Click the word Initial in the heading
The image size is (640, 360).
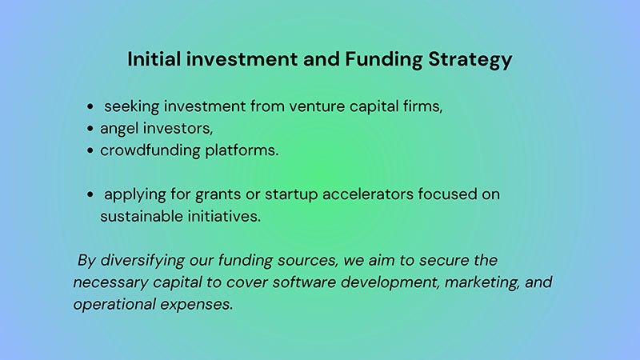pyautogui.click(x=154, y=58)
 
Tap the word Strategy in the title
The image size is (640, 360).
pyautogui.click(x=470, y=59)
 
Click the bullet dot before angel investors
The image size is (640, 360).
pyautogui.click(x=90, y=129)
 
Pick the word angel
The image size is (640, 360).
pyautogui.click(x=119, y=129)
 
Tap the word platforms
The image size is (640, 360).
pyautogui.click(x=242, y=150)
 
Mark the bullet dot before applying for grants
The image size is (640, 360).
pyautogui.click(x=90, y=194)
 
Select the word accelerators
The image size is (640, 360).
pyautogui.click(x=368, y=194)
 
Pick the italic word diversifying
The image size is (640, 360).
pyautogui.click(x=142, y=261)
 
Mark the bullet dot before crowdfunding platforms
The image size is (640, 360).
pyautogui.click(x=90, y=150)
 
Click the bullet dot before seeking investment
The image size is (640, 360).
pyautogui.click(x=90, y=106)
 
